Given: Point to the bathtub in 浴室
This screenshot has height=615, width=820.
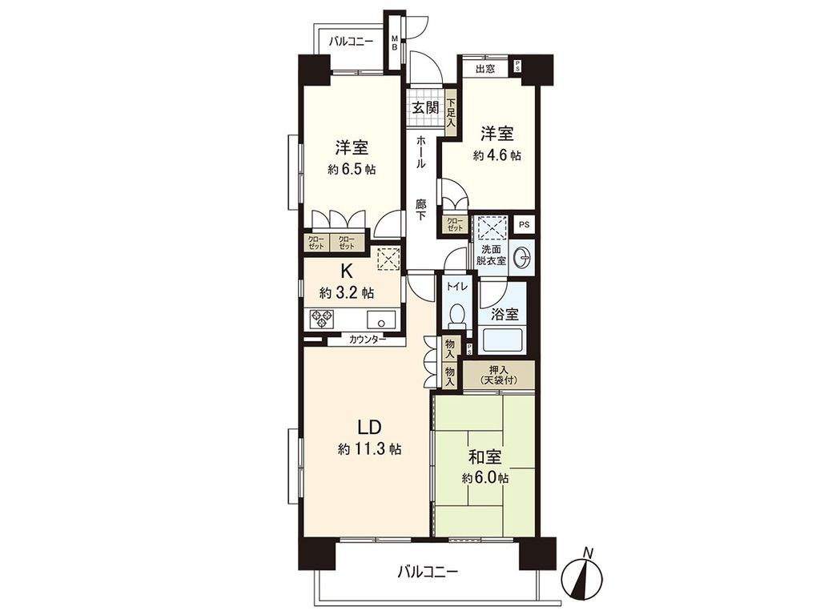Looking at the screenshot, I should click(504, 340).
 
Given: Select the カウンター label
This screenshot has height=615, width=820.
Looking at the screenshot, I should click(368, 340).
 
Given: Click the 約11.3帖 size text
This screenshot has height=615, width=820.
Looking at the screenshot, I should click(369, 449).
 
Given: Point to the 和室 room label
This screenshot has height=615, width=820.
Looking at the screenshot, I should click(485, 457).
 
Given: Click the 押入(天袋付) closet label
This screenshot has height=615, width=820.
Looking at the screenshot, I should click(498, 376).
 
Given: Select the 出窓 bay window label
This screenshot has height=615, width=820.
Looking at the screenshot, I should click(485, 69).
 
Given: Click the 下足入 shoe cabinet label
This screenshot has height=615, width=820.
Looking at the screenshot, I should click(451, 113).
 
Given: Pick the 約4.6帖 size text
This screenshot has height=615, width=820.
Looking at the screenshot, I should click(496, 156).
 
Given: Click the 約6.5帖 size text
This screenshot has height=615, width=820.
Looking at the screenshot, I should click(352, 170).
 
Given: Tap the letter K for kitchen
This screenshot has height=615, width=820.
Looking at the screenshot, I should click(347, 270).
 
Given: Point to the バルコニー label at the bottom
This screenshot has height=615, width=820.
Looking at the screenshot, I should click(428, 572).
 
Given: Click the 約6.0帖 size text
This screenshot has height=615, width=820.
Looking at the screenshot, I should click(485, 478).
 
